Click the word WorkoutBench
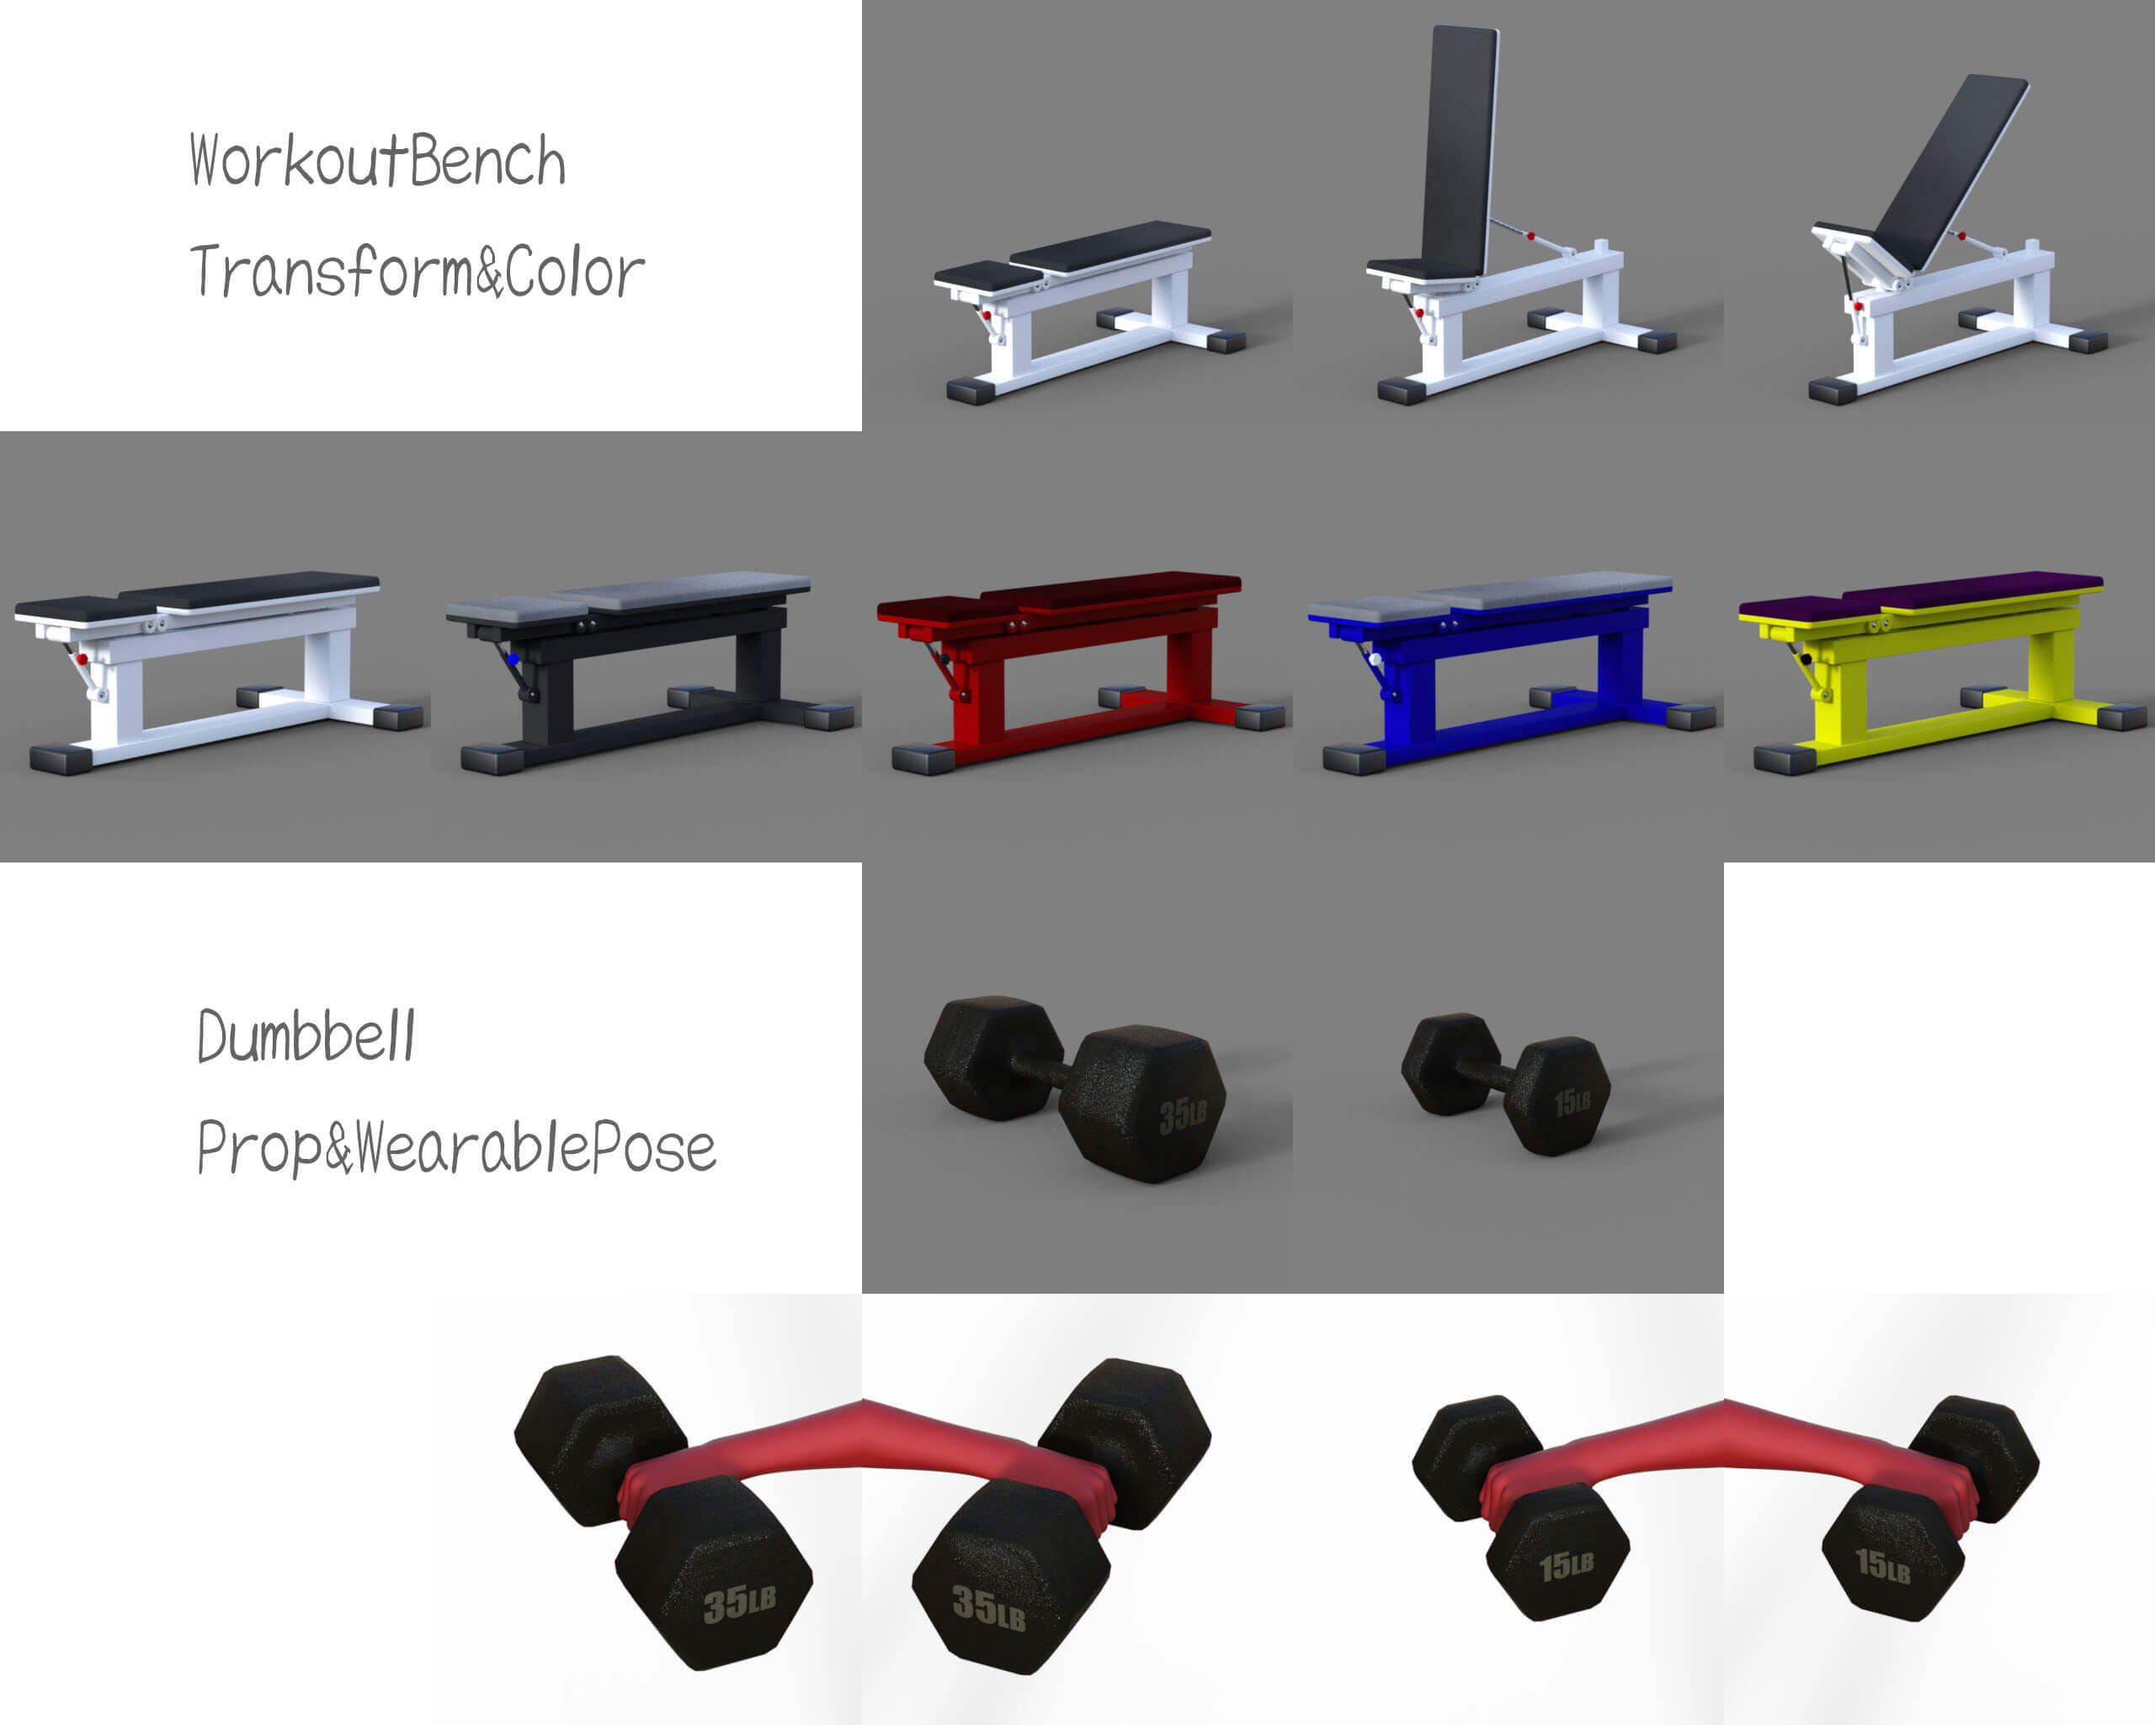[x=378, y=161]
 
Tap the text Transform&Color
[x=417, y=271]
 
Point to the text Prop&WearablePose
[x=455, y=1147]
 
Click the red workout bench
[x=1079, y=670]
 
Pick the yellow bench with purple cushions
[x=1941, y=670]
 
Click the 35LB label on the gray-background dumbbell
[x=1184, y=1116]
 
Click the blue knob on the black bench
[x=513, y=660]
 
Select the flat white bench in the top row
[x=1089, y=310]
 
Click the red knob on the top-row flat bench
[x=987, y=315]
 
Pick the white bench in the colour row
[x=218, y=670]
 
